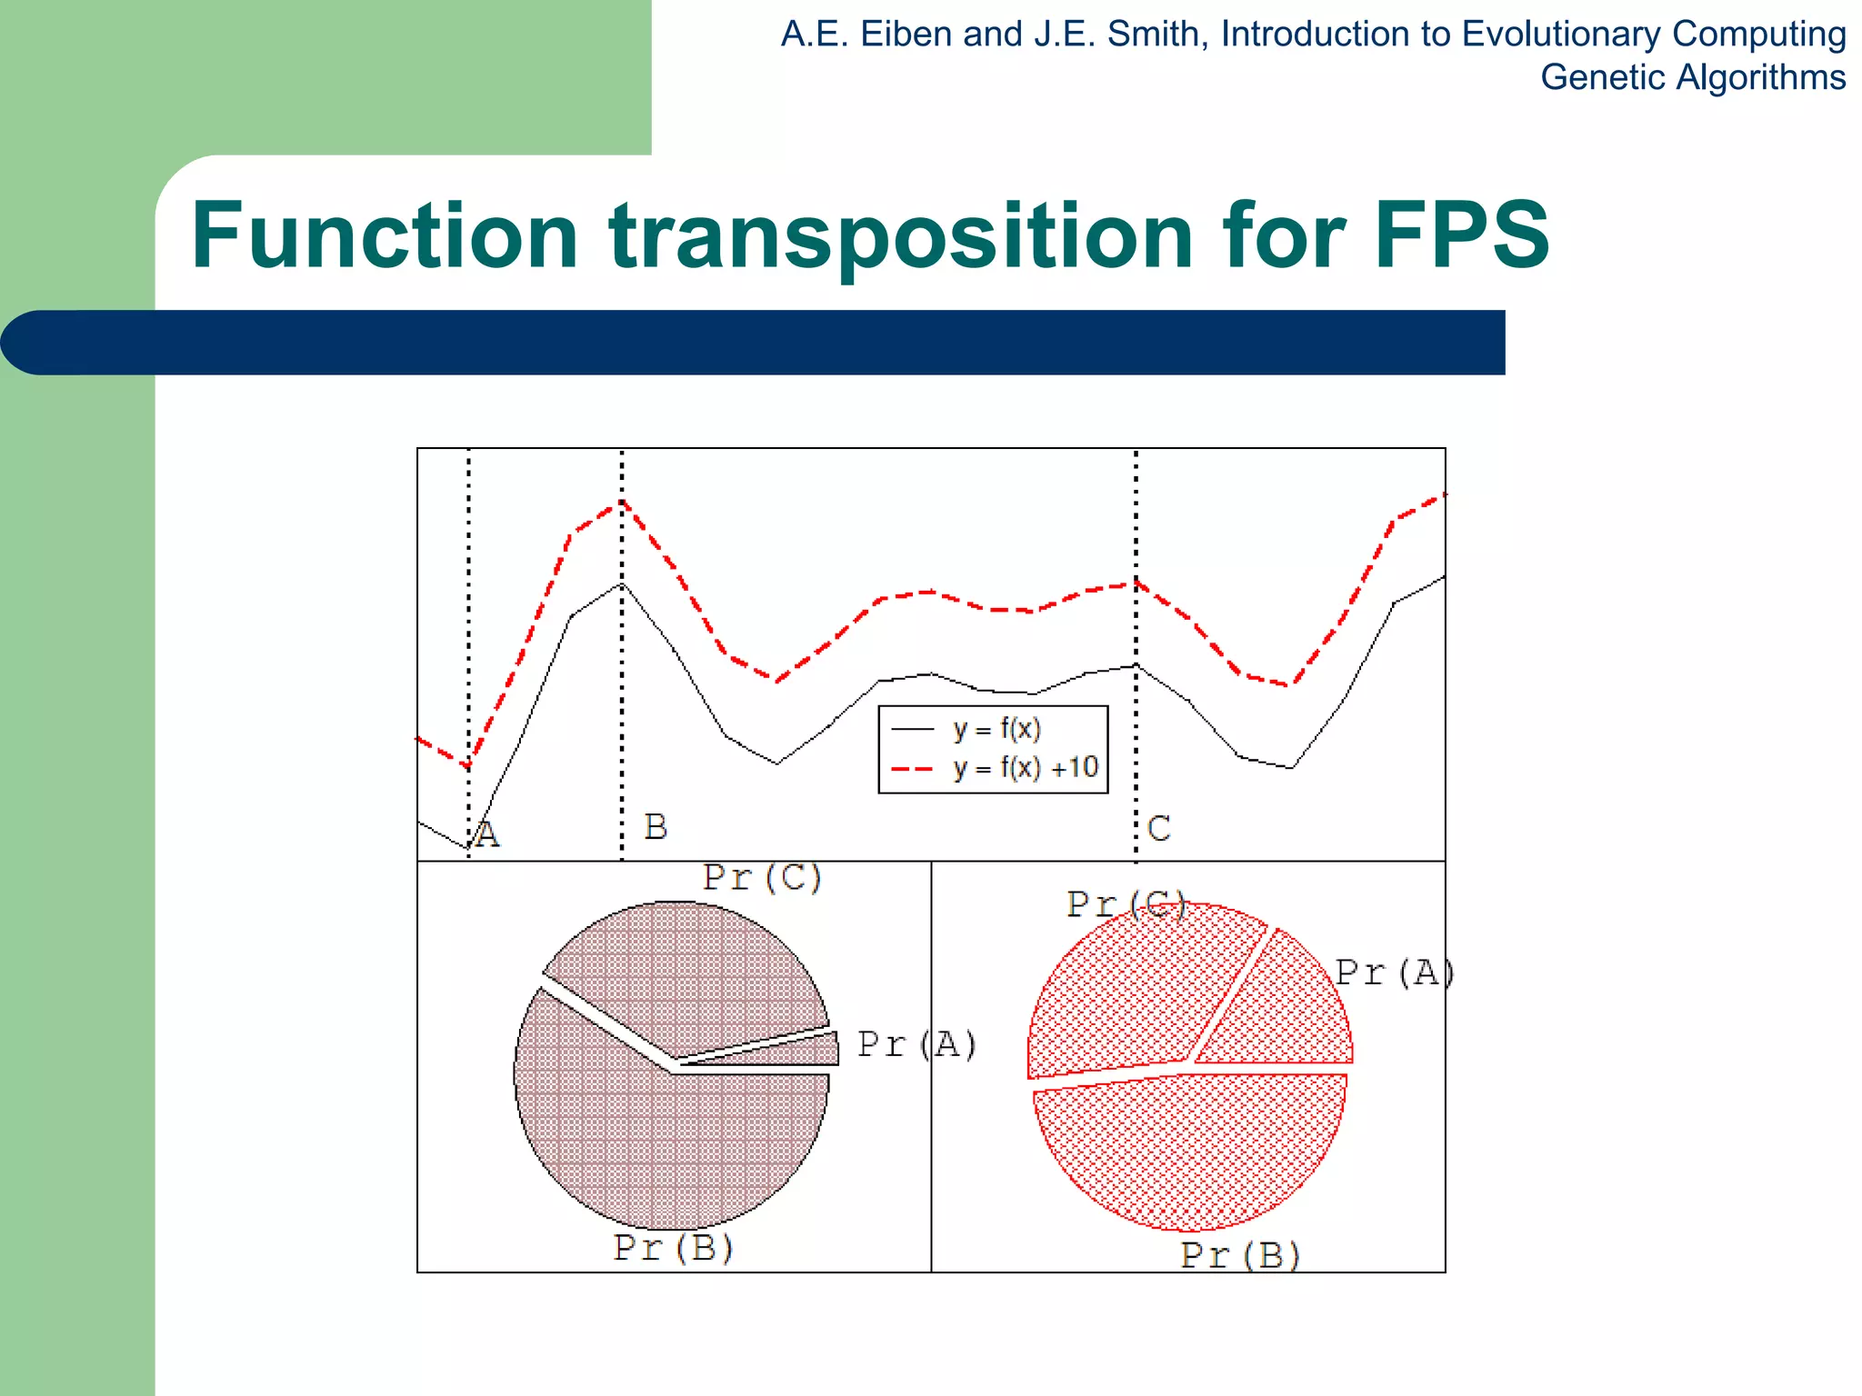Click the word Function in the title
(x=384, y=235)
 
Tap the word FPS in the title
(x=1460, y=235)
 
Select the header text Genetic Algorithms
(x=1692, y=77)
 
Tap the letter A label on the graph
(x=487, y=834)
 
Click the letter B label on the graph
(x=656, y=827)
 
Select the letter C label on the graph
(x=1158, y=829)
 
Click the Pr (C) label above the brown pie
(x=762, y=878)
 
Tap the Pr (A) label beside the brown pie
(x=916, y=1044)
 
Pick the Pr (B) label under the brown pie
(x=673, y=1248)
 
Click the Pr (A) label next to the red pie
(x=1394, y=973)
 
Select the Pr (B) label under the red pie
(x=1239, y=1255)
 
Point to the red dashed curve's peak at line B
(x=622, y=501)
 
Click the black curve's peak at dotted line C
(x=1136, y=665)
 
